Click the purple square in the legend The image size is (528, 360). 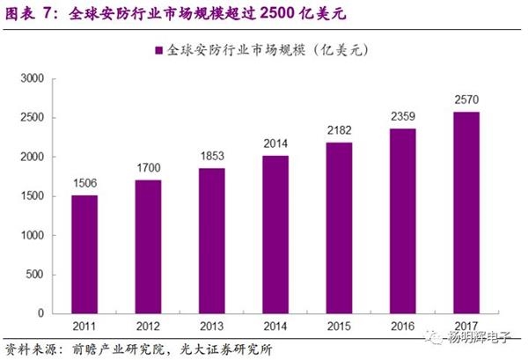[159, 52]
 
